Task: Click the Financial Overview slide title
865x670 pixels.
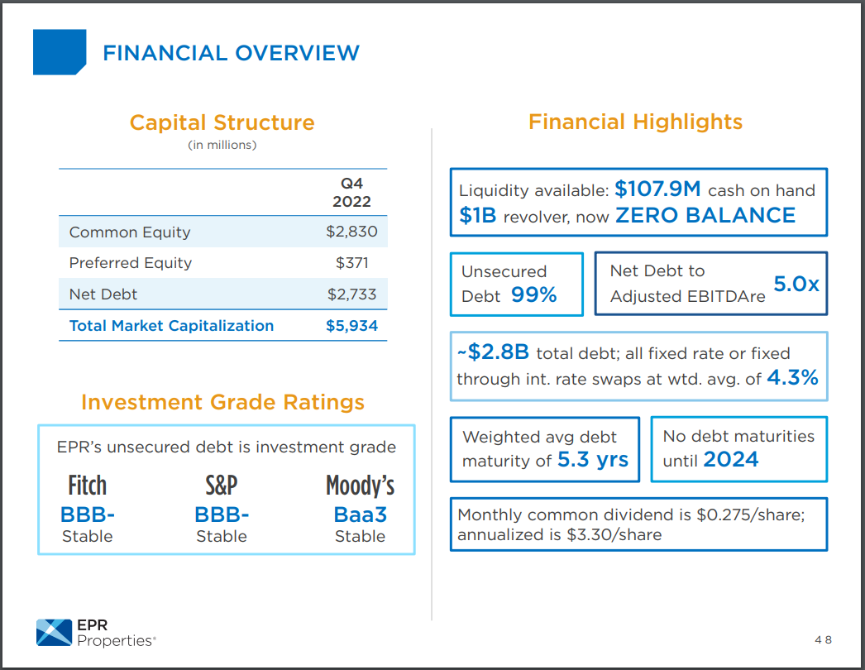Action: tap(231, 53)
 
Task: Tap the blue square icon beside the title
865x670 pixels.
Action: tap(60, 52)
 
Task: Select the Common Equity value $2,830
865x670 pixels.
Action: tap(351, 232)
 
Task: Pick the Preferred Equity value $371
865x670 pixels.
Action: tap(351, 263)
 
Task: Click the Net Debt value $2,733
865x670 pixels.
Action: tap(351, 294)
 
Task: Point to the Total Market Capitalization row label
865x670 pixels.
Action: tap(171, 326)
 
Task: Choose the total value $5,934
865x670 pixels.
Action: tap(351, 326)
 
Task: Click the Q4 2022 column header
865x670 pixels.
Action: tap(351, 192)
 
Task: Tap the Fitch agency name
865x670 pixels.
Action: tap(87, 486)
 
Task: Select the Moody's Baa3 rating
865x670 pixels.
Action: tap(360, 514)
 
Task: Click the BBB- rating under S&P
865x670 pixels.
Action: tap(222, 514)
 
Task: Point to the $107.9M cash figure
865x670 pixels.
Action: tap(657, 189)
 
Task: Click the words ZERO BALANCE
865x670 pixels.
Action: tap(705, 216)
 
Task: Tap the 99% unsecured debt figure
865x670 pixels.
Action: tap(533, 295)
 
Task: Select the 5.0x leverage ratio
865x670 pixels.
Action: tap(796, 284)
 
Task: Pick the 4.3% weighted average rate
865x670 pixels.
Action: tap(792, 378)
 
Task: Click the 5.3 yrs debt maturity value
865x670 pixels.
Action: tap(593, 460)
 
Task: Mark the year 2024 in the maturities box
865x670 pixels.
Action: tap(731, 460)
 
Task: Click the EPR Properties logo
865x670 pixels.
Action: tap(96, 632)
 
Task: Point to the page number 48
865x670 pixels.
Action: tap(822, 640)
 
